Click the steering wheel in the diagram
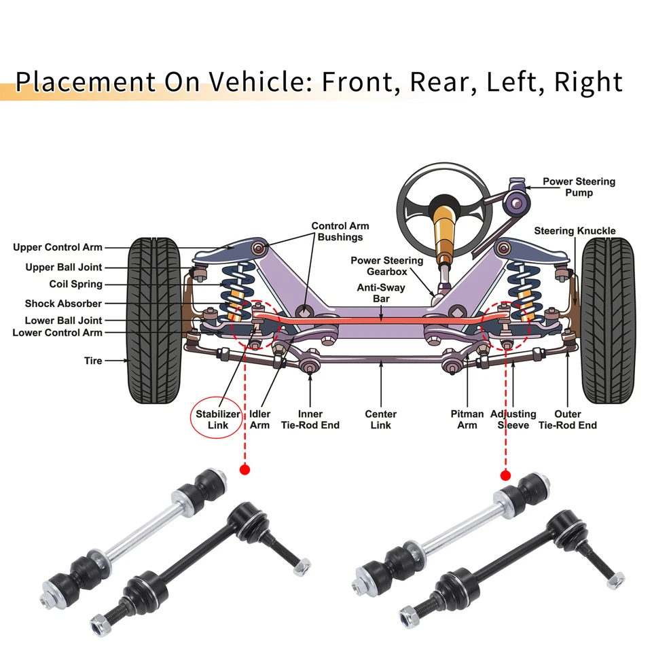point(444,191)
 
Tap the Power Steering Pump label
point(578,187)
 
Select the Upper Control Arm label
point(58,247)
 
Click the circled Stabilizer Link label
point(218,419)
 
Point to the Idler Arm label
point(259,419)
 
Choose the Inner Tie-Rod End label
point(310,419)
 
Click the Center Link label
point(380,419)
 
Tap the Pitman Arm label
point(467,419)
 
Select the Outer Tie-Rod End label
point(567,419)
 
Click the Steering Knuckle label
point(575,231)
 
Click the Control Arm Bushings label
point(340,232)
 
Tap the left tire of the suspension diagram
point(156,319)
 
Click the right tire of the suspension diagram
point(607,319)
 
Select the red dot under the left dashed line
point(245,469)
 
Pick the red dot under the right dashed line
point(505,475)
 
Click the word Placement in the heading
point(85,82)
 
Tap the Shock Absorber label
point(63,304)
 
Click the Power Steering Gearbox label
point(386,266)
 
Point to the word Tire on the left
point(93,361)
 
